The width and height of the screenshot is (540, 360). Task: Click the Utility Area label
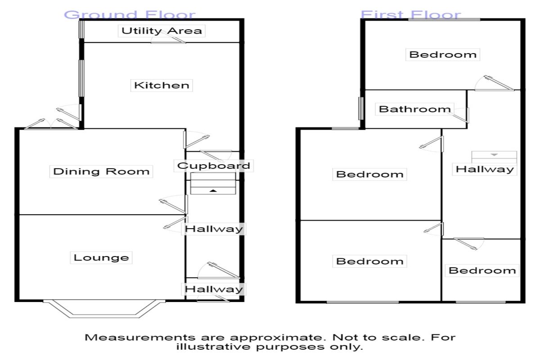(x=162, y=31)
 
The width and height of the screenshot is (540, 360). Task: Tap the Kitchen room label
(x=162, y=85)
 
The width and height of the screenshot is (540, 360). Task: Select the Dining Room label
(x=101, y=171)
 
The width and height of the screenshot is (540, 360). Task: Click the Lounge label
(x=101, y=258)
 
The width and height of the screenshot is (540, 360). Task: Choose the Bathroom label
(x=414, y=109)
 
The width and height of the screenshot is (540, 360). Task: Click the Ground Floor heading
(x=130, y=15)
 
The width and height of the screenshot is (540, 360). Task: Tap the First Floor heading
(x=411, y=15)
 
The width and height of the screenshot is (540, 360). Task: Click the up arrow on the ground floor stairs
(x=214, y=191)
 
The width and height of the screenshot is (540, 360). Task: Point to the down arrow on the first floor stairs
(x=494, y=155)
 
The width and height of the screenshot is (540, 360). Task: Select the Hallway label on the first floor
(x=485, y=169)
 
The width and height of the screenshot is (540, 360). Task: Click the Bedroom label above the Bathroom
(x=443, y=55)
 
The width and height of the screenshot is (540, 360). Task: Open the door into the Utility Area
(x=169, y=40)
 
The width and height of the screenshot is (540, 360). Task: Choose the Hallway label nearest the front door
(x=214, y=289)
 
